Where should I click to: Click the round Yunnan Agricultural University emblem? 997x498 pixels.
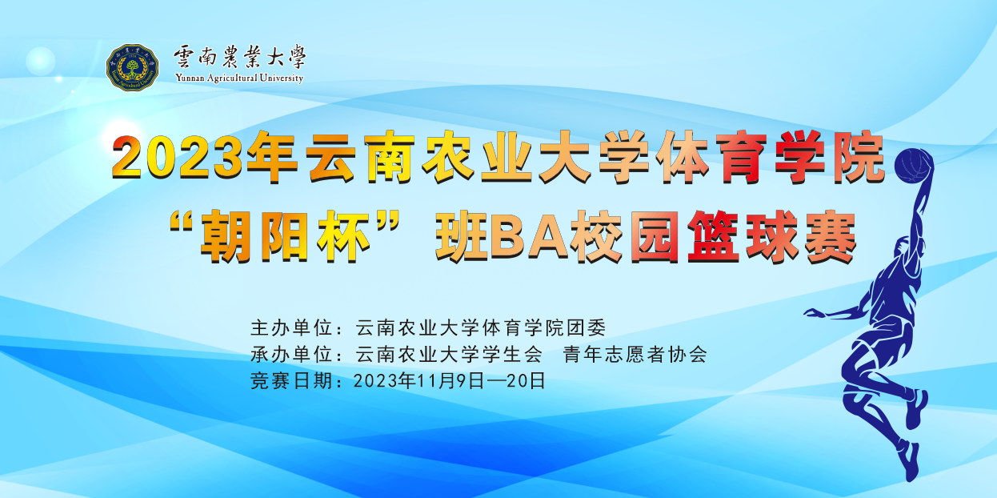(x=132, y=68)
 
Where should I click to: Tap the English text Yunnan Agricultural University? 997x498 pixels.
(x=239, y=78)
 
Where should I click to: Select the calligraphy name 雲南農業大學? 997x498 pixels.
(x=240, y=57)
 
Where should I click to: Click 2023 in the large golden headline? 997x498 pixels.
(x=178, y=157)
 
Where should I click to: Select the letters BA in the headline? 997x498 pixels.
(x=529, y=238)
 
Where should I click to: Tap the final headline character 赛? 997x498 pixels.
(x=831, y=238)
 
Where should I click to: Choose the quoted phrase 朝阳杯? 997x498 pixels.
(x=286, y=237)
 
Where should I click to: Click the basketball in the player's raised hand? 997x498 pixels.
(x=913, y=166)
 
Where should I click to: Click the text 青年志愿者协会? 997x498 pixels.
(x=635, y=355)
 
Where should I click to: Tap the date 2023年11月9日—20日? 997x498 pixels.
(x=450, y=381)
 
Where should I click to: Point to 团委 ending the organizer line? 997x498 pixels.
(x=586, y=327)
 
